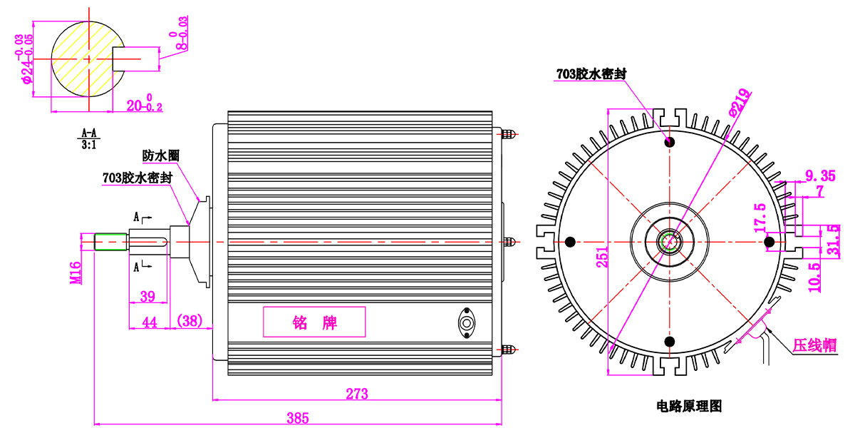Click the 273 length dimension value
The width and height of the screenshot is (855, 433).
pyautogui.click(x=357, y=394)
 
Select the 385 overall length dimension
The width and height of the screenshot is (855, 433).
pyautogui.click(x=298, y=418)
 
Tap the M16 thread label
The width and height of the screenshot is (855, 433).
pyautogui.click(x=76, y=272)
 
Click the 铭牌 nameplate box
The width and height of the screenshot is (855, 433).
pyautogui.click(x=314, y=322)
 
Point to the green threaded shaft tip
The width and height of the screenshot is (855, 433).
pyautogui.click(x=110, y=242)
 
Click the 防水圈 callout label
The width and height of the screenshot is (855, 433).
pyautogui.click(x=161, y=156)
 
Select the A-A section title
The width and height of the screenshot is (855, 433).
pyautogui.click(x=89, y=133)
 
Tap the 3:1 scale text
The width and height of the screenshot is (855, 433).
pyautogui.click(x=89, y=145)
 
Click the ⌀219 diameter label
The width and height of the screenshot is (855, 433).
pyautogui.click(x=739, y=102)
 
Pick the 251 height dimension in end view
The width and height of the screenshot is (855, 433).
pyautogui.click(x=602, y=257)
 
